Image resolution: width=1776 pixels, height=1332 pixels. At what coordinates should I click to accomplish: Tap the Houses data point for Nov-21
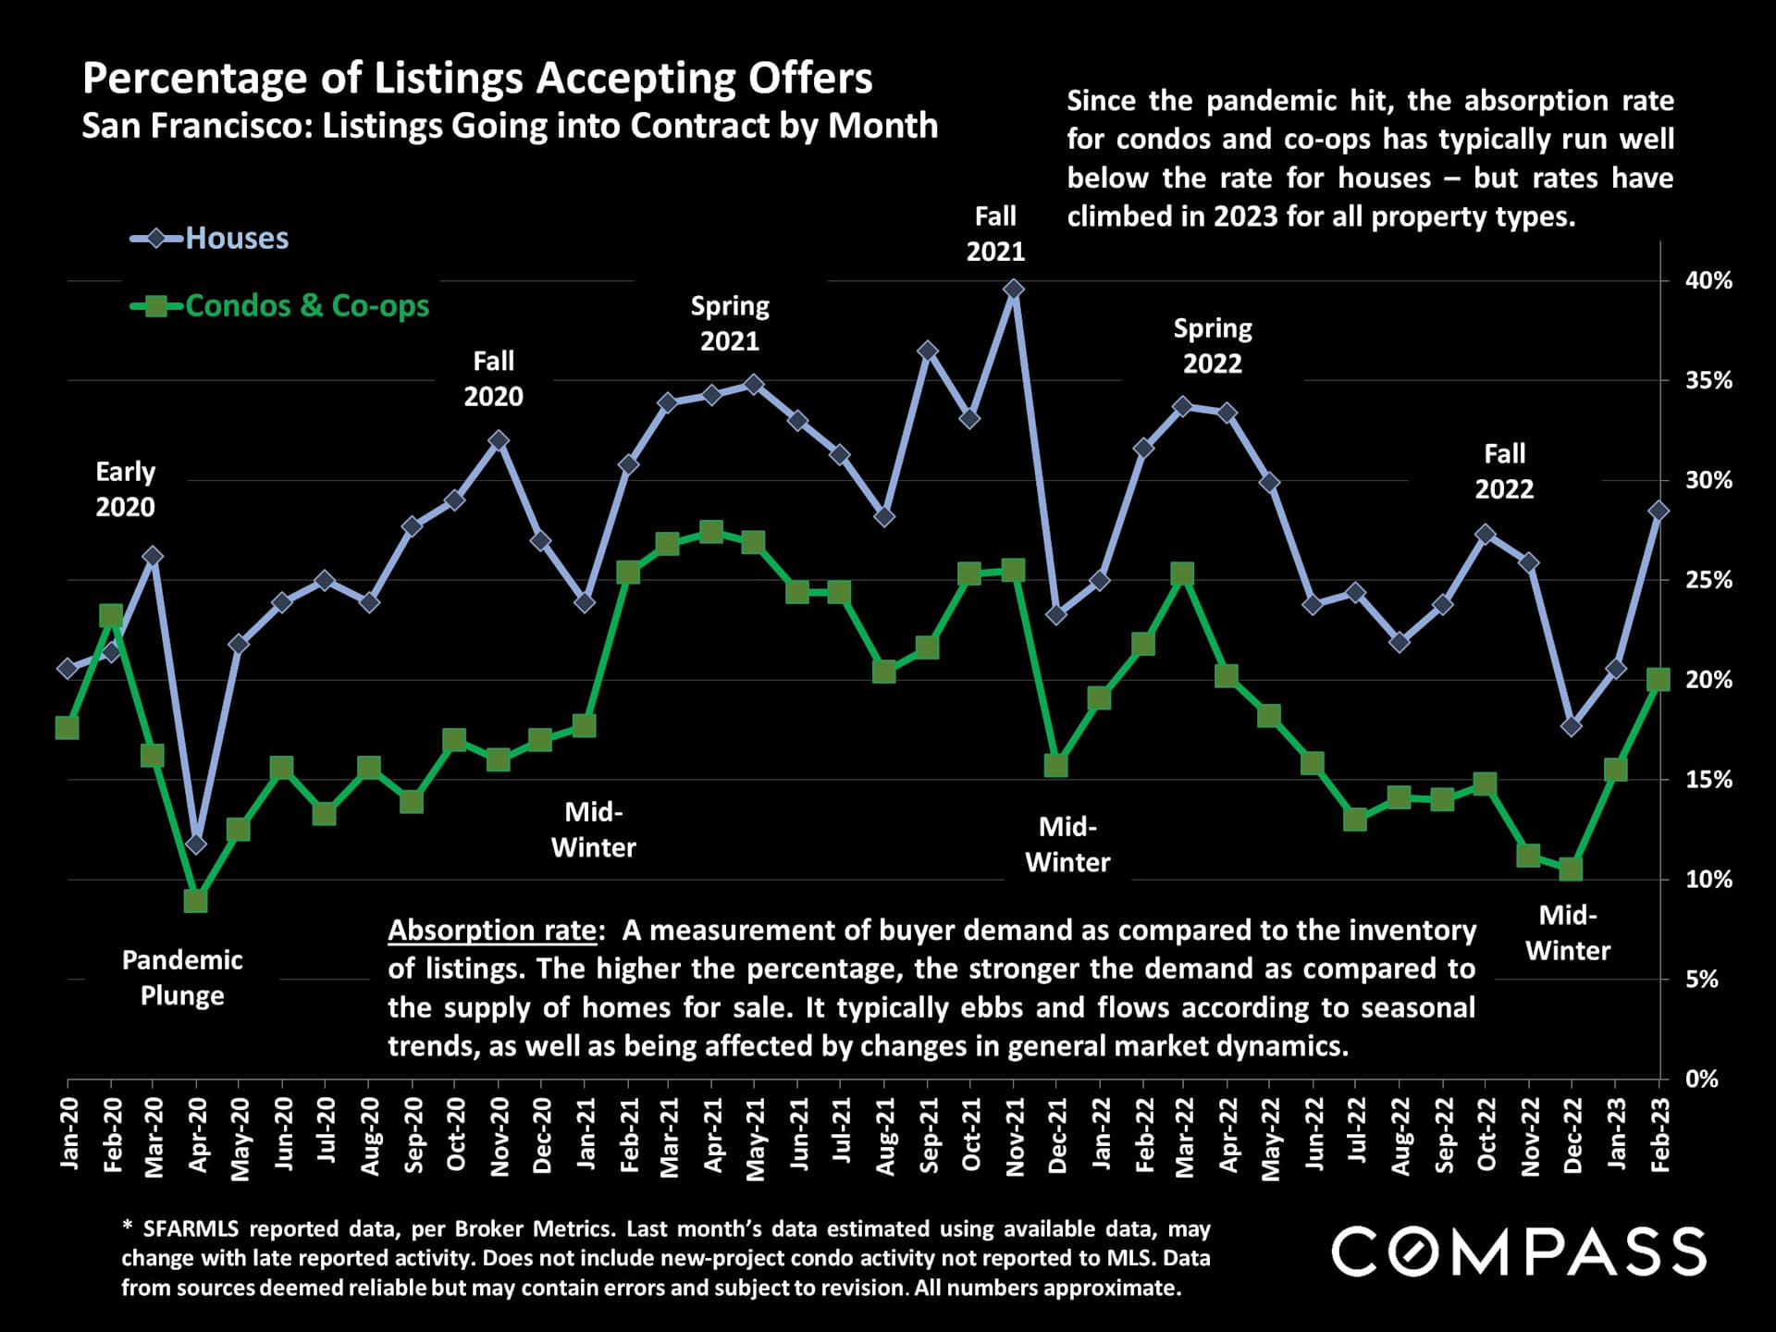click(x=1013, y=290)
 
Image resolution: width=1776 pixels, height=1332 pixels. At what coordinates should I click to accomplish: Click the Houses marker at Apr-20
click(x=196, y=844)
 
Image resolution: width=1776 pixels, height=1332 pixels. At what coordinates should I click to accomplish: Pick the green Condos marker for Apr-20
click(x=196, y=900)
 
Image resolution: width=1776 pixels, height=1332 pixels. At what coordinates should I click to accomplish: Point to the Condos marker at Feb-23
click(x=1659, y=680)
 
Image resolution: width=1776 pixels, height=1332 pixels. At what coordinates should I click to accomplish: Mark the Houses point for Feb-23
click(x=1659, y=511)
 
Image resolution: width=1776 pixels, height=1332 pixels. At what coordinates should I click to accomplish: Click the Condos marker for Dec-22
click(x=1571, y=869)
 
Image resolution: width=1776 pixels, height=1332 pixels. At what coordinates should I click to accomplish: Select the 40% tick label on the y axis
click(x=1708, y=280)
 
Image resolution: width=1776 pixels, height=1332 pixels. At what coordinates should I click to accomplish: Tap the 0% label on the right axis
click(x=1702, y=1079)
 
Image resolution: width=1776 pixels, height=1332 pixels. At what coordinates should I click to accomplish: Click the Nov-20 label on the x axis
click(x=499, y=1136)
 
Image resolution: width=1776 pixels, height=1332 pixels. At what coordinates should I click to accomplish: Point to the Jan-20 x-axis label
click(x=68, y=1133)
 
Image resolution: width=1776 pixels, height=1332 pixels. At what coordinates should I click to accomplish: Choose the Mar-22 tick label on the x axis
click(x=1185, y=1136)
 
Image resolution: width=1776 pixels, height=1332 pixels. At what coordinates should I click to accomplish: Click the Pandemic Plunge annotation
click(x=182, y=978)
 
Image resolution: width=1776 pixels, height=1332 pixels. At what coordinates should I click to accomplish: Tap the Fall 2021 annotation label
click(x=995, y=234)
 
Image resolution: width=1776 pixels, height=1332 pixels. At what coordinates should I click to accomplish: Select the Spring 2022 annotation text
click(x=1212, y=345)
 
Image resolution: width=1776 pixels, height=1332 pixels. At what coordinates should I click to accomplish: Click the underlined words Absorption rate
click(x=492, y=931)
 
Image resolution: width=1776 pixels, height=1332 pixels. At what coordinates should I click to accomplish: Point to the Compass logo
click(x=1519, y=1252)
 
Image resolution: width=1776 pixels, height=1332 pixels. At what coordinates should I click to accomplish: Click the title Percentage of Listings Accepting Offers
click(x=477, y=79)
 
